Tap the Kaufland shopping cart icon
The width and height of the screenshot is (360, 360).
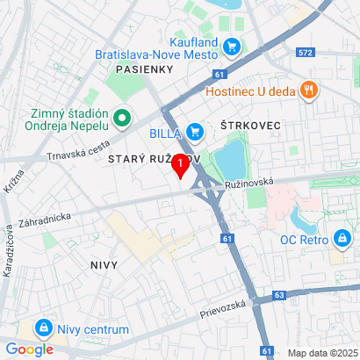click(232, 46)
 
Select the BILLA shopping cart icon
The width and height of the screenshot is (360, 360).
click(196, 132)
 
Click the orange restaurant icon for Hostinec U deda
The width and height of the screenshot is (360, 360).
click(307, 90)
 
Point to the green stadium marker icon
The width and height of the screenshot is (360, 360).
click(121, 117)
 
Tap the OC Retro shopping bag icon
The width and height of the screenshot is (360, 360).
click(341, 238)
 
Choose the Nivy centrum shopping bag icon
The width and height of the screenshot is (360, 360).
click(42, 328)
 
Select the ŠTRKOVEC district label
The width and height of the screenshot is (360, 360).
click(250, 126)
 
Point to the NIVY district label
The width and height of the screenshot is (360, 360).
click(104, 263)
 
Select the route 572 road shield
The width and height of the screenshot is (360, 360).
click(306, 54)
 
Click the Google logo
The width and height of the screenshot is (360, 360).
click(29, 349)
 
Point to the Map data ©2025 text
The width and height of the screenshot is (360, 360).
click(322, 353)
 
